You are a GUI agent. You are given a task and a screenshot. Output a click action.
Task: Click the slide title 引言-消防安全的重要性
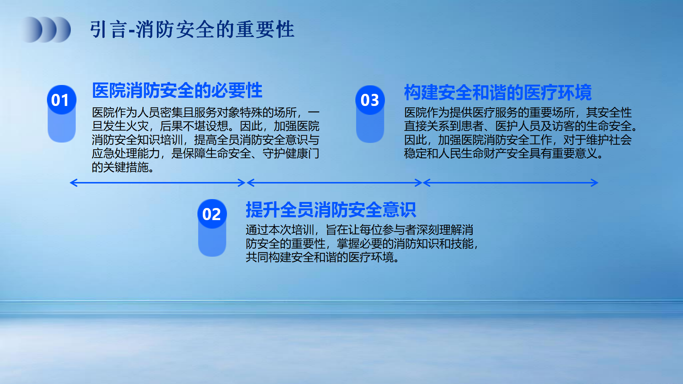point(192,29)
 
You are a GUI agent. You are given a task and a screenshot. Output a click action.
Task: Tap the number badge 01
point(62,100)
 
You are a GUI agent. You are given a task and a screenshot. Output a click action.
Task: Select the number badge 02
point(212,214)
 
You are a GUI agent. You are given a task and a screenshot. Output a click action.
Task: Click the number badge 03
point(370,100)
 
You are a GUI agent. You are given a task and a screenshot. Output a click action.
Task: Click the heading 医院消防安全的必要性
point(177,90)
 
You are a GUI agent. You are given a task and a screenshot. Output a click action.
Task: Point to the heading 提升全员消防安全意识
point(331,210)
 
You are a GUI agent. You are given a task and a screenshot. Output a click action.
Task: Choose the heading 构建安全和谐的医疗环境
point(498,92)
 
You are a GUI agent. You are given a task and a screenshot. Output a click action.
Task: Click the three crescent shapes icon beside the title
point(47,30)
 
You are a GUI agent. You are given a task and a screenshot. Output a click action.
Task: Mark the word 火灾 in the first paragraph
point(137,126)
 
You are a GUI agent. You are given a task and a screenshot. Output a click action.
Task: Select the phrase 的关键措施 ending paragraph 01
point(120,167)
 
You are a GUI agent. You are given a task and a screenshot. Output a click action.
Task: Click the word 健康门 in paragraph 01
point(302,154)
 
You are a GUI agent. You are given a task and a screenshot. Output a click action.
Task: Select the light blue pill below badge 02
point(212,242)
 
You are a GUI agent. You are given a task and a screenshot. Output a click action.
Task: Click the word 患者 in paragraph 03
point(472,126)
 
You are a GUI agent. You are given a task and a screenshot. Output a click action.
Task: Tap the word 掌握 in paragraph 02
point(348,244)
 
